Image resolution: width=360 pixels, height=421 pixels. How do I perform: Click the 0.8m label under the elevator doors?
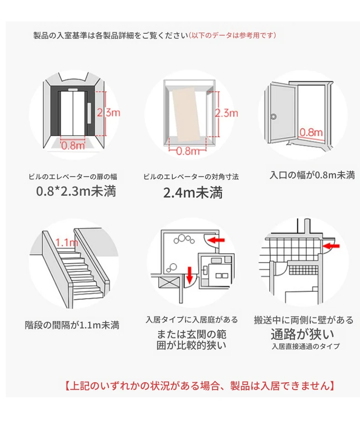click(73, 146)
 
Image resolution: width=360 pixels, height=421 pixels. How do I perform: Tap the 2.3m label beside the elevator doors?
click(108, 112)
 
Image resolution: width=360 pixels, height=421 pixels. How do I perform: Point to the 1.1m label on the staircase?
click(67, 243)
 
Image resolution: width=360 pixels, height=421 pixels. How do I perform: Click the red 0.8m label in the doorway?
click(311, 132)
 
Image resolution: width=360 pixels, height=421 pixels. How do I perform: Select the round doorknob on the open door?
click(273, 117)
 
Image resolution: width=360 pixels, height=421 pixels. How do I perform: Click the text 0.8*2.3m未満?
click(76, 191)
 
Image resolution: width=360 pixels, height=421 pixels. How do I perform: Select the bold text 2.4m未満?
click(193, 192)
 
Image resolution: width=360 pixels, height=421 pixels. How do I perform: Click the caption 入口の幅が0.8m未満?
click(312, 175)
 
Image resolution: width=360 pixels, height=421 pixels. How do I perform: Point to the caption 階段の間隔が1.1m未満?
click(72, 325)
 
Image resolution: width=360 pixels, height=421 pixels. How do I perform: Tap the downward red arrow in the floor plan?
click(190, 275)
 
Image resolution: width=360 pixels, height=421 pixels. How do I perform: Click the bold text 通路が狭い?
click(302, 334)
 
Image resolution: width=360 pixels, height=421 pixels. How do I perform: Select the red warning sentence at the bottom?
click(200, 385)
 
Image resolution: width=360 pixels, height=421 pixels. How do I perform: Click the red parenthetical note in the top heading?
click(232, 35)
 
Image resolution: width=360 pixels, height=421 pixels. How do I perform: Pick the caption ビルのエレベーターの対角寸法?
click(191, 177)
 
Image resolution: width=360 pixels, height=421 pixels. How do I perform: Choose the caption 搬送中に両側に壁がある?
click(303, 320)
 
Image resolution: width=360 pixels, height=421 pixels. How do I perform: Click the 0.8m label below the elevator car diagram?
click(188, 151)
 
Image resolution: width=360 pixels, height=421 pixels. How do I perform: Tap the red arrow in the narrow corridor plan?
click(331, 245)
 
